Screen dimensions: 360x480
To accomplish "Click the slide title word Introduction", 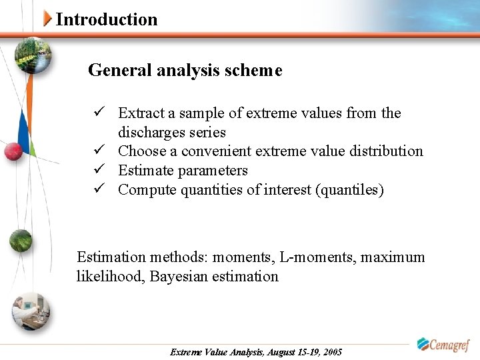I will click(x=107, y=19).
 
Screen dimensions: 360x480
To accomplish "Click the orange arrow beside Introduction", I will click(x=47, y=19).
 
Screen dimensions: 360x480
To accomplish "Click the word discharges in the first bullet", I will click(x=151, y=133).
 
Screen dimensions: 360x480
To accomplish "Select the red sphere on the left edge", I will click(x=13, y=152).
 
